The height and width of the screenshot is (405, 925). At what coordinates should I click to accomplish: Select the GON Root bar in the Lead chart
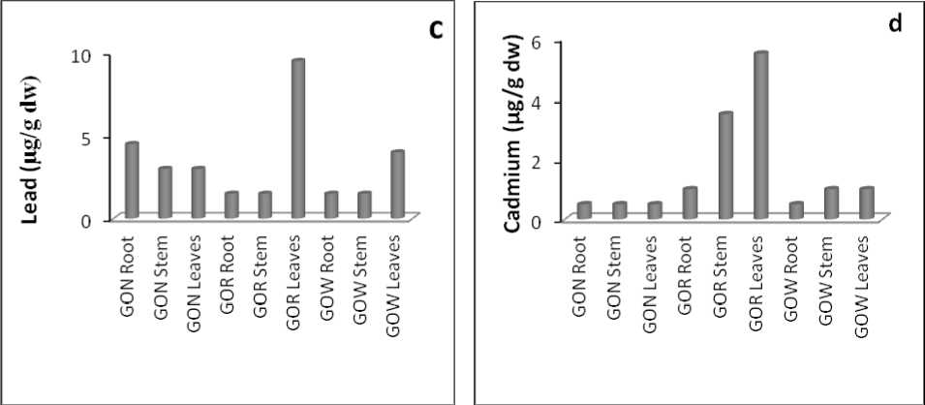coord(132,180)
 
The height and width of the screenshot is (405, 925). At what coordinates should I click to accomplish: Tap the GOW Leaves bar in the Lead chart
coord(397,184)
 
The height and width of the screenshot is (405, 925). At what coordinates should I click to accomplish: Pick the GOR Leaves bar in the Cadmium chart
coord(760,136)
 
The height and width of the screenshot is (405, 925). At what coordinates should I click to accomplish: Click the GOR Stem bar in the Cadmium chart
coord(725,166)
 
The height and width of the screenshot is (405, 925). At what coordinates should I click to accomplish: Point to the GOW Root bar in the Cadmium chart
coord(796,210)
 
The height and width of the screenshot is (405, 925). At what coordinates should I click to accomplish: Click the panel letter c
coord(436,29)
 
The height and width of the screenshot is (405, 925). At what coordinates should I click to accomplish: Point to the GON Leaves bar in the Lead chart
coord(199,193)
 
